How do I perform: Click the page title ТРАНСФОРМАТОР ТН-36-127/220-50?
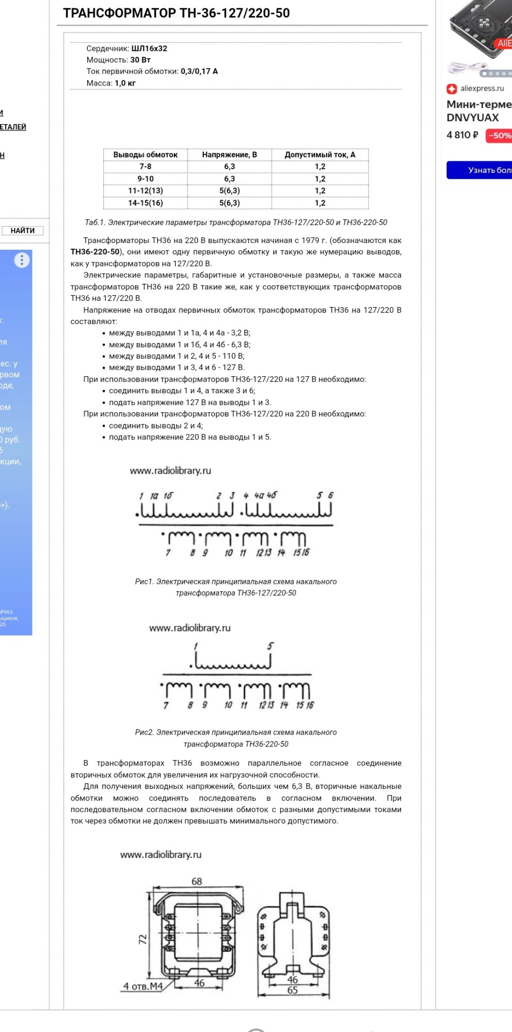(176, 13)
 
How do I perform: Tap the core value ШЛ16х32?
(149, 49)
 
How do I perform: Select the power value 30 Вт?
(140, 60)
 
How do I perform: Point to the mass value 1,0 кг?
(125, 83)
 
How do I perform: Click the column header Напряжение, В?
(229, 155)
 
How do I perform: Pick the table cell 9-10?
(145, 179)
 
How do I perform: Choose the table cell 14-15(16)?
(145, 203)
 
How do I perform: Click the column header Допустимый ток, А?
(320, 155)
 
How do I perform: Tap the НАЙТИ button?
(23, 231)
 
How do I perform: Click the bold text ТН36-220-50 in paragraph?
(95, 252)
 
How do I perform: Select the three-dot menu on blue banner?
(22, 260)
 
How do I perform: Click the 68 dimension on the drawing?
(197, 881)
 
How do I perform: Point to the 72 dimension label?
(143, 939)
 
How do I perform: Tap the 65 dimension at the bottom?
(292, 990)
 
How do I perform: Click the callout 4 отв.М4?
(143, 986)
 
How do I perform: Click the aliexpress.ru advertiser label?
(482, 88)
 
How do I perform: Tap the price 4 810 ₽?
(462, 135)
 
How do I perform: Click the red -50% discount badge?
(499, 136)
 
